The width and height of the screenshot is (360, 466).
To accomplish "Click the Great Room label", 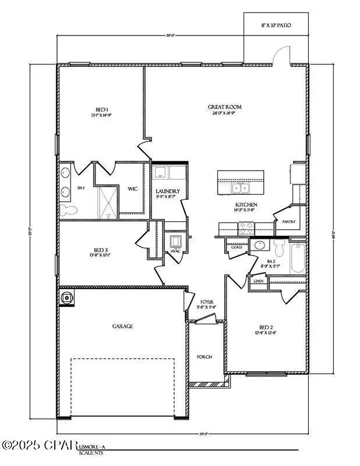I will point(225,107).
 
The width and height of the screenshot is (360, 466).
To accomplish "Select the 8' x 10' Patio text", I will point(276,26).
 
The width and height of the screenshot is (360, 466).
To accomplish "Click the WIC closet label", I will point(132,189).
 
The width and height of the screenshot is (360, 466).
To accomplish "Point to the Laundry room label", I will point(168,191).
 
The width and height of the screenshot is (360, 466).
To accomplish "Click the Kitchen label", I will point(246,205).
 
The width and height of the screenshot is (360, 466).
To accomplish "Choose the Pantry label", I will point(288,222).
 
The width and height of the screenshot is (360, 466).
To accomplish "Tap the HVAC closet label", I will point(175,251).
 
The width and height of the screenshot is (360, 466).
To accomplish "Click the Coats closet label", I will point(236,246).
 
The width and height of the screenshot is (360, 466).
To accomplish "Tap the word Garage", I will point(122,326).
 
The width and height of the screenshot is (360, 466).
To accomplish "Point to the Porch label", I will point(204,357).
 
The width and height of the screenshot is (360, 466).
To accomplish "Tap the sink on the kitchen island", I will point(240,188).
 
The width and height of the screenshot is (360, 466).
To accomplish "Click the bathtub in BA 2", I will point(297,259).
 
